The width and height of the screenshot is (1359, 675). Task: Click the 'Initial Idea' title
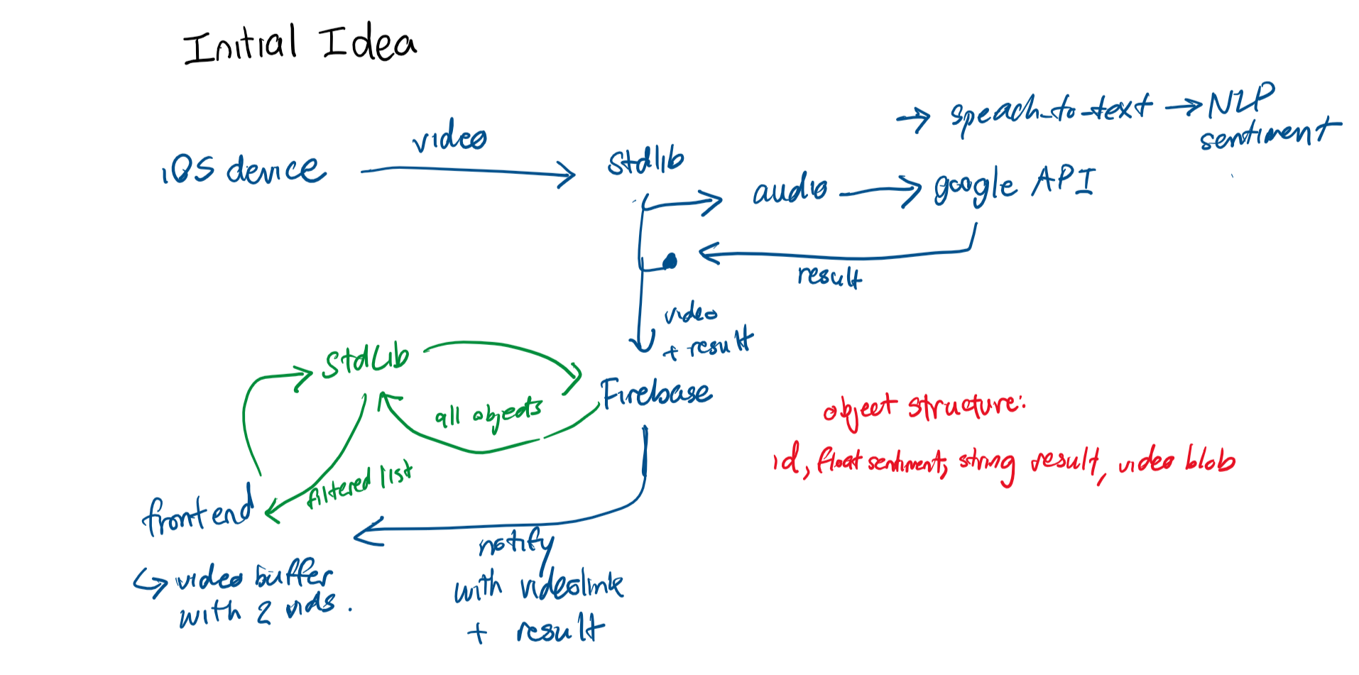click(300, 44)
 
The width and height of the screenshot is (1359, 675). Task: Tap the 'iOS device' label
click(244, 170)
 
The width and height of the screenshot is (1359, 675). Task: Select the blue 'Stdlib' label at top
click(645, 161)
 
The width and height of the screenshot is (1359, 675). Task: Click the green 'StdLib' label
click(366, 361)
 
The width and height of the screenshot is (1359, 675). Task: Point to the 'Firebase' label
click(656, 393)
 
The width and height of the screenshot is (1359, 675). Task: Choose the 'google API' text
click(1015, 184)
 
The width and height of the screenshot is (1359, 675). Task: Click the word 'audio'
click(790, 190)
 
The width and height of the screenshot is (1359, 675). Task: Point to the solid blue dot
click(670, 262)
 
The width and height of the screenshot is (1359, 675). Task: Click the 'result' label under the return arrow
click(829, 275)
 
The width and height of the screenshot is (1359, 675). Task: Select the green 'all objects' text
click(489, 414)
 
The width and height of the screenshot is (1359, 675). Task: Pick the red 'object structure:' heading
click(924, 410)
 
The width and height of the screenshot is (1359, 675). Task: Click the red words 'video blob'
click(1177, 461)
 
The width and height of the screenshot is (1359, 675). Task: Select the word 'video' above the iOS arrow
click(449, 136)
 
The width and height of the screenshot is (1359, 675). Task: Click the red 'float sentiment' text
click(881, 463)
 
